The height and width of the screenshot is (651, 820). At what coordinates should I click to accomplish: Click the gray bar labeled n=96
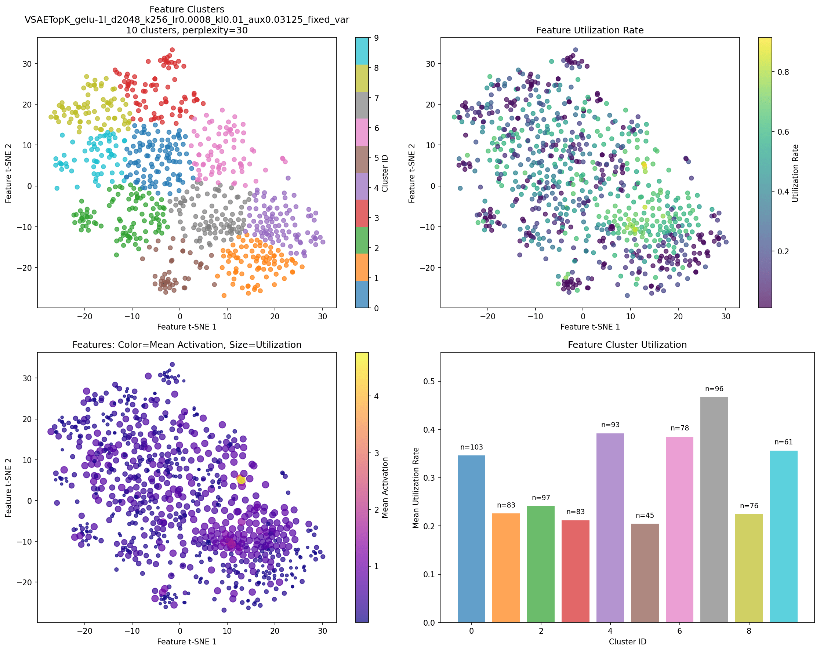(x=714, y=510)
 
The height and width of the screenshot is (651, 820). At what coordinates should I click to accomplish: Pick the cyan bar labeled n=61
(x=784, y=536)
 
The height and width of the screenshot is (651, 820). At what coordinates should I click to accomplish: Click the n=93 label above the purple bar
(x=610, y=425)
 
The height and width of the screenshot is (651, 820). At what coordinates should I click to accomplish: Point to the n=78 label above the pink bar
(x=679, y=428)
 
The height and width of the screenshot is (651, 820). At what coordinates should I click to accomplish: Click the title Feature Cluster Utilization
(x=627, y=345)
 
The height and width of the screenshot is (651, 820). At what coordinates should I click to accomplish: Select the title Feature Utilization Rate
(x=589, y=30)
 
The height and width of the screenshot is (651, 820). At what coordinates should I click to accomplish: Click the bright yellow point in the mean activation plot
(x=241, y=480)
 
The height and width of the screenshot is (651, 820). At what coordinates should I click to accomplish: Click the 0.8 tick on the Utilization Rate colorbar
(x=782, y=72)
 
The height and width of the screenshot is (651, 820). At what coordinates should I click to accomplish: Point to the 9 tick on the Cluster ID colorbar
(x=376, y=38)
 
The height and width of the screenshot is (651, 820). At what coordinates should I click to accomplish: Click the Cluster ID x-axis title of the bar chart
(x=627, y=641)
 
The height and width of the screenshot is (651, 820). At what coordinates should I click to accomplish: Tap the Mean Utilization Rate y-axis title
(x=416, y=487)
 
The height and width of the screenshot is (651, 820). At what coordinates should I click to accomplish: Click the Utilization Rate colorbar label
(x=795, y=173)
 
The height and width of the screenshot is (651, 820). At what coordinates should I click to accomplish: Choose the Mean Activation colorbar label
(x=385, y=487)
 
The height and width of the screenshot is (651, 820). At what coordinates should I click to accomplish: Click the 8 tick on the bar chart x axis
(x=748, y=631)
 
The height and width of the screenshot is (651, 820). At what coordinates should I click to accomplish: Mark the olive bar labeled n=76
(x=748, y=568)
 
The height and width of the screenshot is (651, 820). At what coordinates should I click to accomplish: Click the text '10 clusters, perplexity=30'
(x=187, y=30)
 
